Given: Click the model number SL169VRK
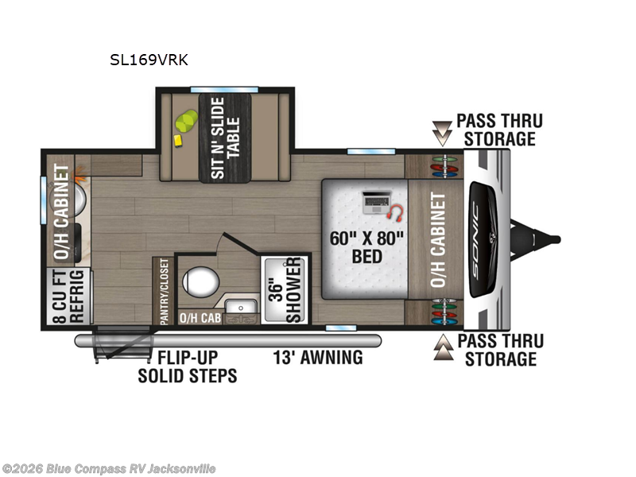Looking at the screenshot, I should [149, 59].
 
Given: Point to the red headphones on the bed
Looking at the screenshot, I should [395, 212].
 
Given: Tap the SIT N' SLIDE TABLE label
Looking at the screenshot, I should [226, 137].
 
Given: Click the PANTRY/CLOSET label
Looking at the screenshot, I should [164, 291].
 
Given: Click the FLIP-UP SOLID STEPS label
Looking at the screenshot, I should [187, 366].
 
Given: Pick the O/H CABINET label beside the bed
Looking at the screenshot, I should [436, 238].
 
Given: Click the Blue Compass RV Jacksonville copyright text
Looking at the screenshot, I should [109, 469].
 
